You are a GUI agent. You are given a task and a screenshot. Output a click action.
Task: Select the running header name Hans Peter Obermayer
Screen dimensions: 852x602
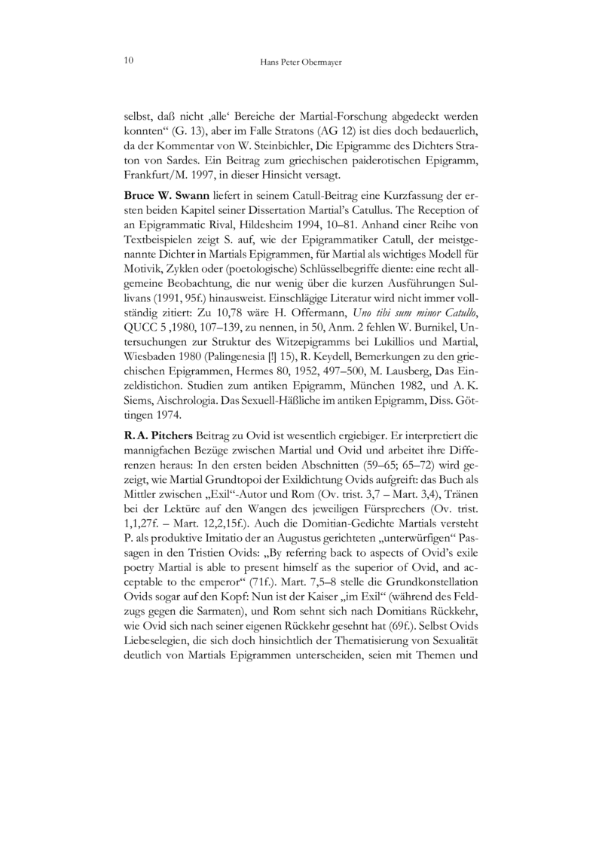[x=301, y=62]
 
